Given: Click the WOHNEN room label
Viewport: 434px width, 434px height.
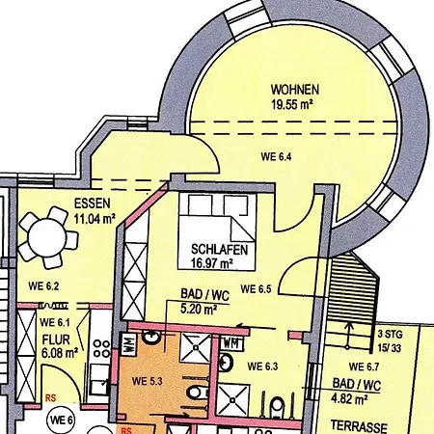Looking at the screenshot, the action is pyautogui.click(x=295, y=90).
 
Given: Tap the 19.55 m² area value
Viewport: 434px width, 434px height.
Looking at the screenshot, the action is pyautogui.click(x=292, y=104).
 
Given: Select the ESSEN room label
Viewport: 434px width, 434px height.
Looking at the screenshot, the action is pyautogui.click(x=93, y=203).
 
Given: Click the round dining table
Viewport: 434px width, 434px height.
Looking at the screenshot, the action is pyautogui.click(x=47, y=237).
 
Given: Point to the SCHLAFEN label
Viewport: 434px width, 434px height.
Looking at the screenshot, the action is pyautogui.click(x=220, y=250).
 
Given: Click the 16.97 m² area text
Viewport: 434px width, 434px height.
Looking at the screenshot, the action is pyautogui.click(x=212, y=263).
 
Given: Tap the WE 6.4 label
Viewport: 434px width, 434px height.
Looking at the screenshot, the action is pyautogui.click(x=276, y=157).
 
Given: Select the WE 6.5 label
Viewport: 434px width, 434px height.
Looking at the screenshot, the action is pyautogui.click(x=256, y=289).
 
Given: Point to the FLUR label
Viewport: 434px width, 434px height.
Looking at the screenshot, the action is pyautogui.click(x=56, y=339).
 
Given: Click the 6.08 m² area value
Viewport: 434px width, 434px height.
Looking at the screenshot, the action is pyautogui.click(x=60, y=353).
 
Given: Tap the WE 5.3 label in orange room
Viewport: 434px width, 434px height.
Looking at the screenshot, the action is pyautogui.click(x=148, y=381).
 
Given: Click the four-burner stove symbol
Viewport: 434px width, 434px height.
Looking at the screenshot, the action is pyautogui.click(x=101, y=349).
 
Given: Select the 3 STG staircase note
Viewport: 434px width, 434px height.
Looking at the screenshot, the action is pyautogui.click(x=390, y=335).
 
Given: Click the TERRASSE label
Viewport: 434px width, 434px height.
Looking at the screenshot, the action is pyautogui.click(x=359, y=426).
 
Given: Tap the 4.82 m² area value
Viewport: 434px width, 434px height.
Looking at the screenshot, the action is pyautogui.click(x=349, y=399).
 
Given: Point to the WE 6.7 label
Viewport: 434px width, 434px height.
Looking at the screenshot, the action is pyautogui.click(x=364, y=366).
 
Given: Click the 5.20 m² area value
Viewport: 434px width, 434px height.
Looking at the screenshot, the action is pyautogui.click(x=199, y=309).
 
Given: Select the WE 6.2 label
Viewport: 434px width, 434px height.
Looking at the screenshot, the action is pyautogui.click(x=43, y=286).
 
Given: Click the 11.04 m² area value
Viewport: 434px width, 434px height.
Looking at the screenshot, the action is pyautogui.click(x=95, y=219).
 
